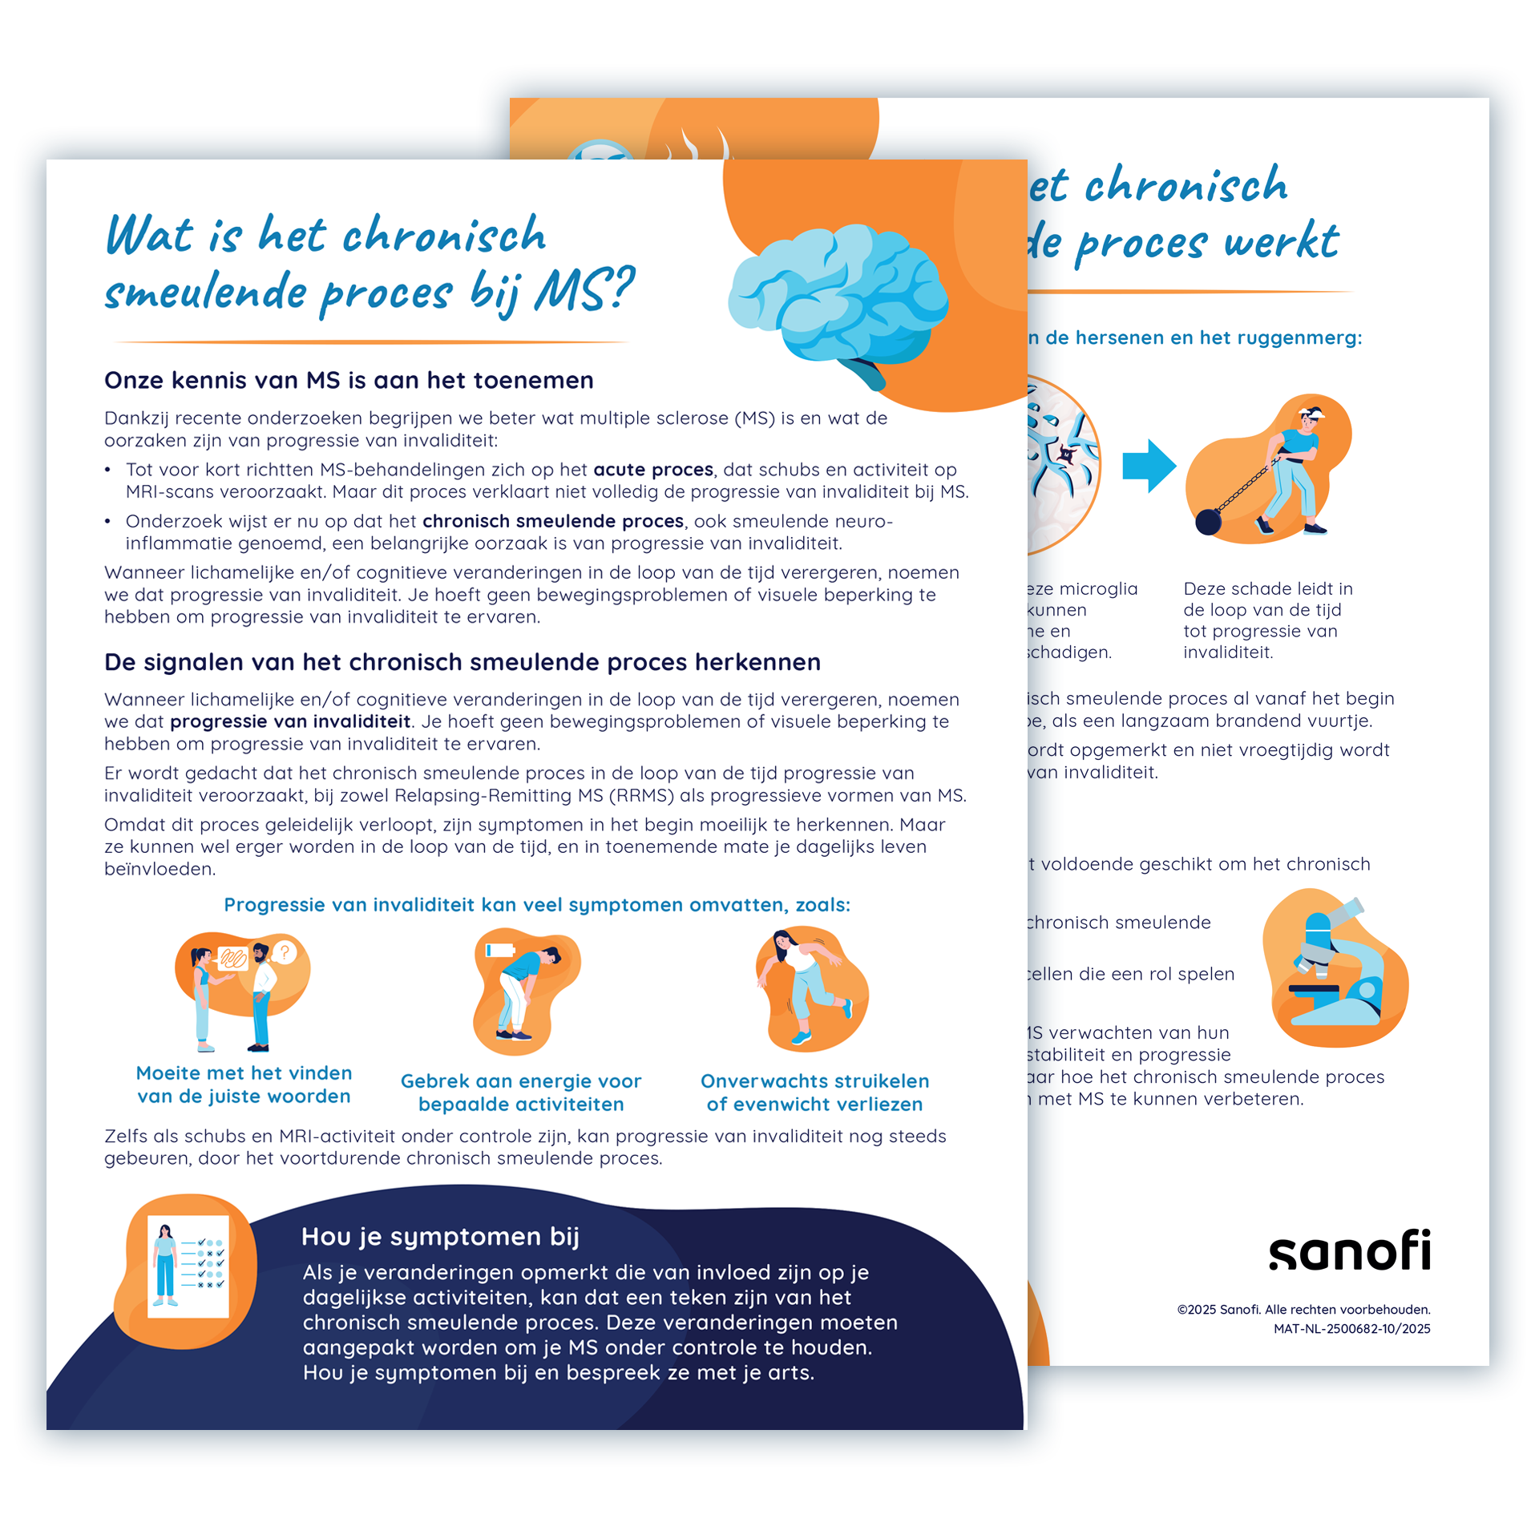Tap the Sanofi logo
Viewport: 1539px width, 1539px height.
[x=1349, y=1251]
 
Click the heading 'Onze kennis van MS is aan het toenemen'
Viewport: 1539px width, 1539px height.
[x=349, y=380]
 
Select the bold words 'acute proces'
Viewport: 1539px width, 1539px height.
[x=652, y=470]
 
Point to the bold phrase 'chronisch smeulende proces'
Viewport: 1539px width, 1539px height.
[x=553, y=521]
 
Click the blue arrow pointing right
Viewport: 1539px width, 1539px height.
[x=1148, y=466]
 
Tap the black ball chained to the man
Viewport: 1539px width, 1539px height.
[x=1208, y=522]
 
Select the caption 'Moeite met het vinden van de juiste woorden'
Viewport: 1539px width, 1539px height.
[x=244, y=1085]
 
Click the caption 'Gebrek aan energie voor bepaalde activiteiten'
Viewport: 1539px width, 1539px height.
[x=521, y=1093]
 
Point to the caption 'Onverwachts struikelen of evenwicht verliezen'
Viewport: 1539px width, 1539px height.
[x=814, y=1093]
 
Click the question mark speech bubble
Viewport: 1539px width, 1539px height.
[x=284, y=952]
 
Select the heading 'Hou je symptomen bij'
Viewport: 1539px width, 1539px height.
[x=440, y=1237]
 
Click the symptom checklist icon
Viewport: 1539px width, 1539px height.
[x=189, y=1266]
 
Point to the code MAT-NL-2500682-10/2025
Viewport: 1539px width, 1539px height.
[x=1351, y=1329]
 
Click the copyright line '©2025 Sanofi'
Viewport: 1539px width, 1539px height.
[x=1303, y=1310]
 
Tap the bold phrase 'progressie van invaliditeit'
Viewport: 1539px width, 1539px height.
[x=290, y=721]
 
